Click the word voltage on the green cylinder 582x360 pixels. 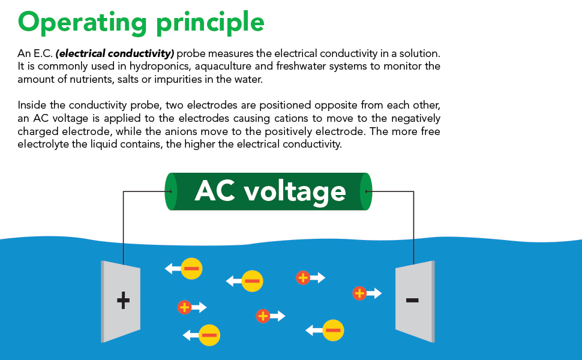296,191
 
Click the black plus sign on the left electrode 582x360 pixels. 123,300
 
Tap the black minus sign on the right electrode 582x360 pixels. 412,299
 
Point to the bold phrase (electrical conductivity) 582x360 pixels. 115,53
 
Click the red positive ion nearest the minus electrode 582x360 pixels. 359,293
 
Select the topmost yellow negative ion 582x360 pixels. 191,268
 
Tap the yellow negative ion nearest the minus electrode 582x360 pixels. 333,330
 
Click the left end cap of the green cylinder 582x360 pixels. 171,191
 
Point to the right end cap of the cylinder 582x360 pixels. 366,191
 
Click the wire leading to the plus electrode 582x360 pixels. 123,222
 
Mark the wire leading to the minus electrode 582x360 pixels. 413,222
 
